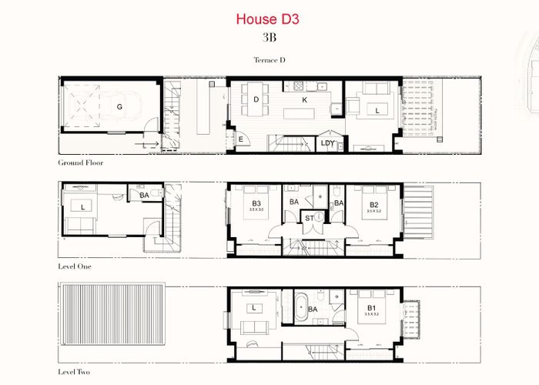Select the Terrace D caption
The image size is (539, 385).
pyautogui.click(x=269, y=59)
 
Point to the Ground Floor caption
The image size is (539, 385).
pyautogui.click(x=81, y=163)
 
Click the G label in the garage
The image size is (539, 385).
pyautogui.click(x=119, y=106)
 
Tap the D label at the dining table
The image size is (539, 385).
pyautogui.click(x=256, y=99)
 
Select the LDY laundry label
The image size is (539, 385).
pyautogui.click(x=327, y=143)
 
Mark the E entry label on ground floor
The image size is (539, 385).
pyautogui.click(x=240, y=139)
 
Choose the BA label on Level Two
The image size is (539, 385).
pyautogui.click(x=313, y=310)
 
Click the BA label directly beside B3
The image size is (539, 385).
pyautogui.click(x=293, y=203)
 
